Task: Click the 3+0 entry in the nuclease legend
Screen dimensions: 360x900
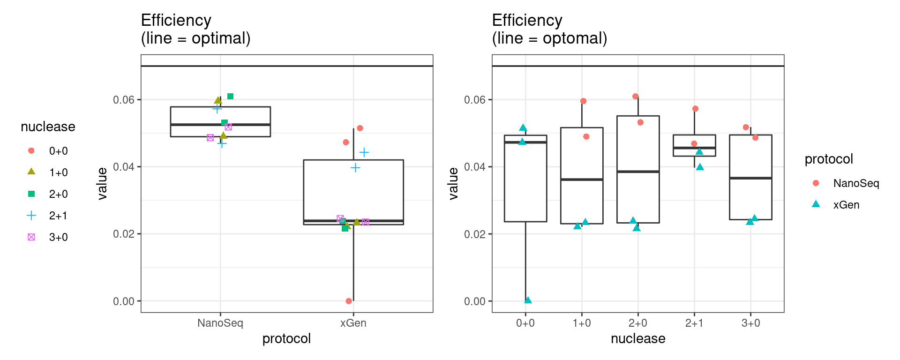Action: tap(58, 237)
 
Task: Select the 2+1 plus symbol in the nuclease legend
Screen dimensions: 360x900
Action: tap(31, 216)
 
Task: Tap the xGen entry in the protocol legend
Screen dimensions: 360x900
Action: tap(846, 205)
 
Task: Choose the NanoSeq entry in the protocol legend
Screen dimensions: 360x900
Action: tap(855, 183)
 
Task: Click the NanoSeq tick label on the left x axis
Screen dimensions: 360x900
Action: tap(220, 323)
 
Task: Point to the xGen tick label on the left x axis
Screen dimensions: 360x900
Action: tap(353, 323)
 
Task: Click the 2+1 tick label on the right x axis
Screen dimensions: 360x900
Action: tap(694, 323)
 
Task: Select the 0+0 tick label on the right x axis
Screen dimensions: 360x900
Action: tap(525, 323)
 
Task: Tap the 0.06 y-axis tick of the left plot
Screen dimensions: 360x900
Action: tap(123, 100)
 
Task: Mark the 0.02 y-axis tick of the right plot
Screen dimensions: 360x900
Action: tap(474, 234)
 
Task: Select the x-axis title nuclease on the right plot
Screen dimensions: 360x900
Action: tap(637, 338)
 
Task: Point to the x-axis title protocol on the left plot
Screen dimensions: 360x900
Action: tap(286, 338)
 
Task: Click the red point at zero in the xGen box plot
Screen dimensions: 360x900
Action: tap(349, 301)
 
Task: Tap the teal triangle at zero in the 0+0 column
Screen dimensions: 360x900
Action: tap(528, 300)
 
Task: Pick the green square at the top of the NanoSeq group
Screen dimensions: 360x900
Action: tap(230, 97)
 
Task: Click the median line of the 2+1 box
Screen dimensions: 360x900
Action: tap(694, 148)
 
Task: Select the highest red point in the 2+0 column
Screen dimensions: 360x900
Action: tap(635, 97)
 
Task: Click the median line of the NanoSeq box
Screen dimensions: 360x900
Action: tap(220, 125)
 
